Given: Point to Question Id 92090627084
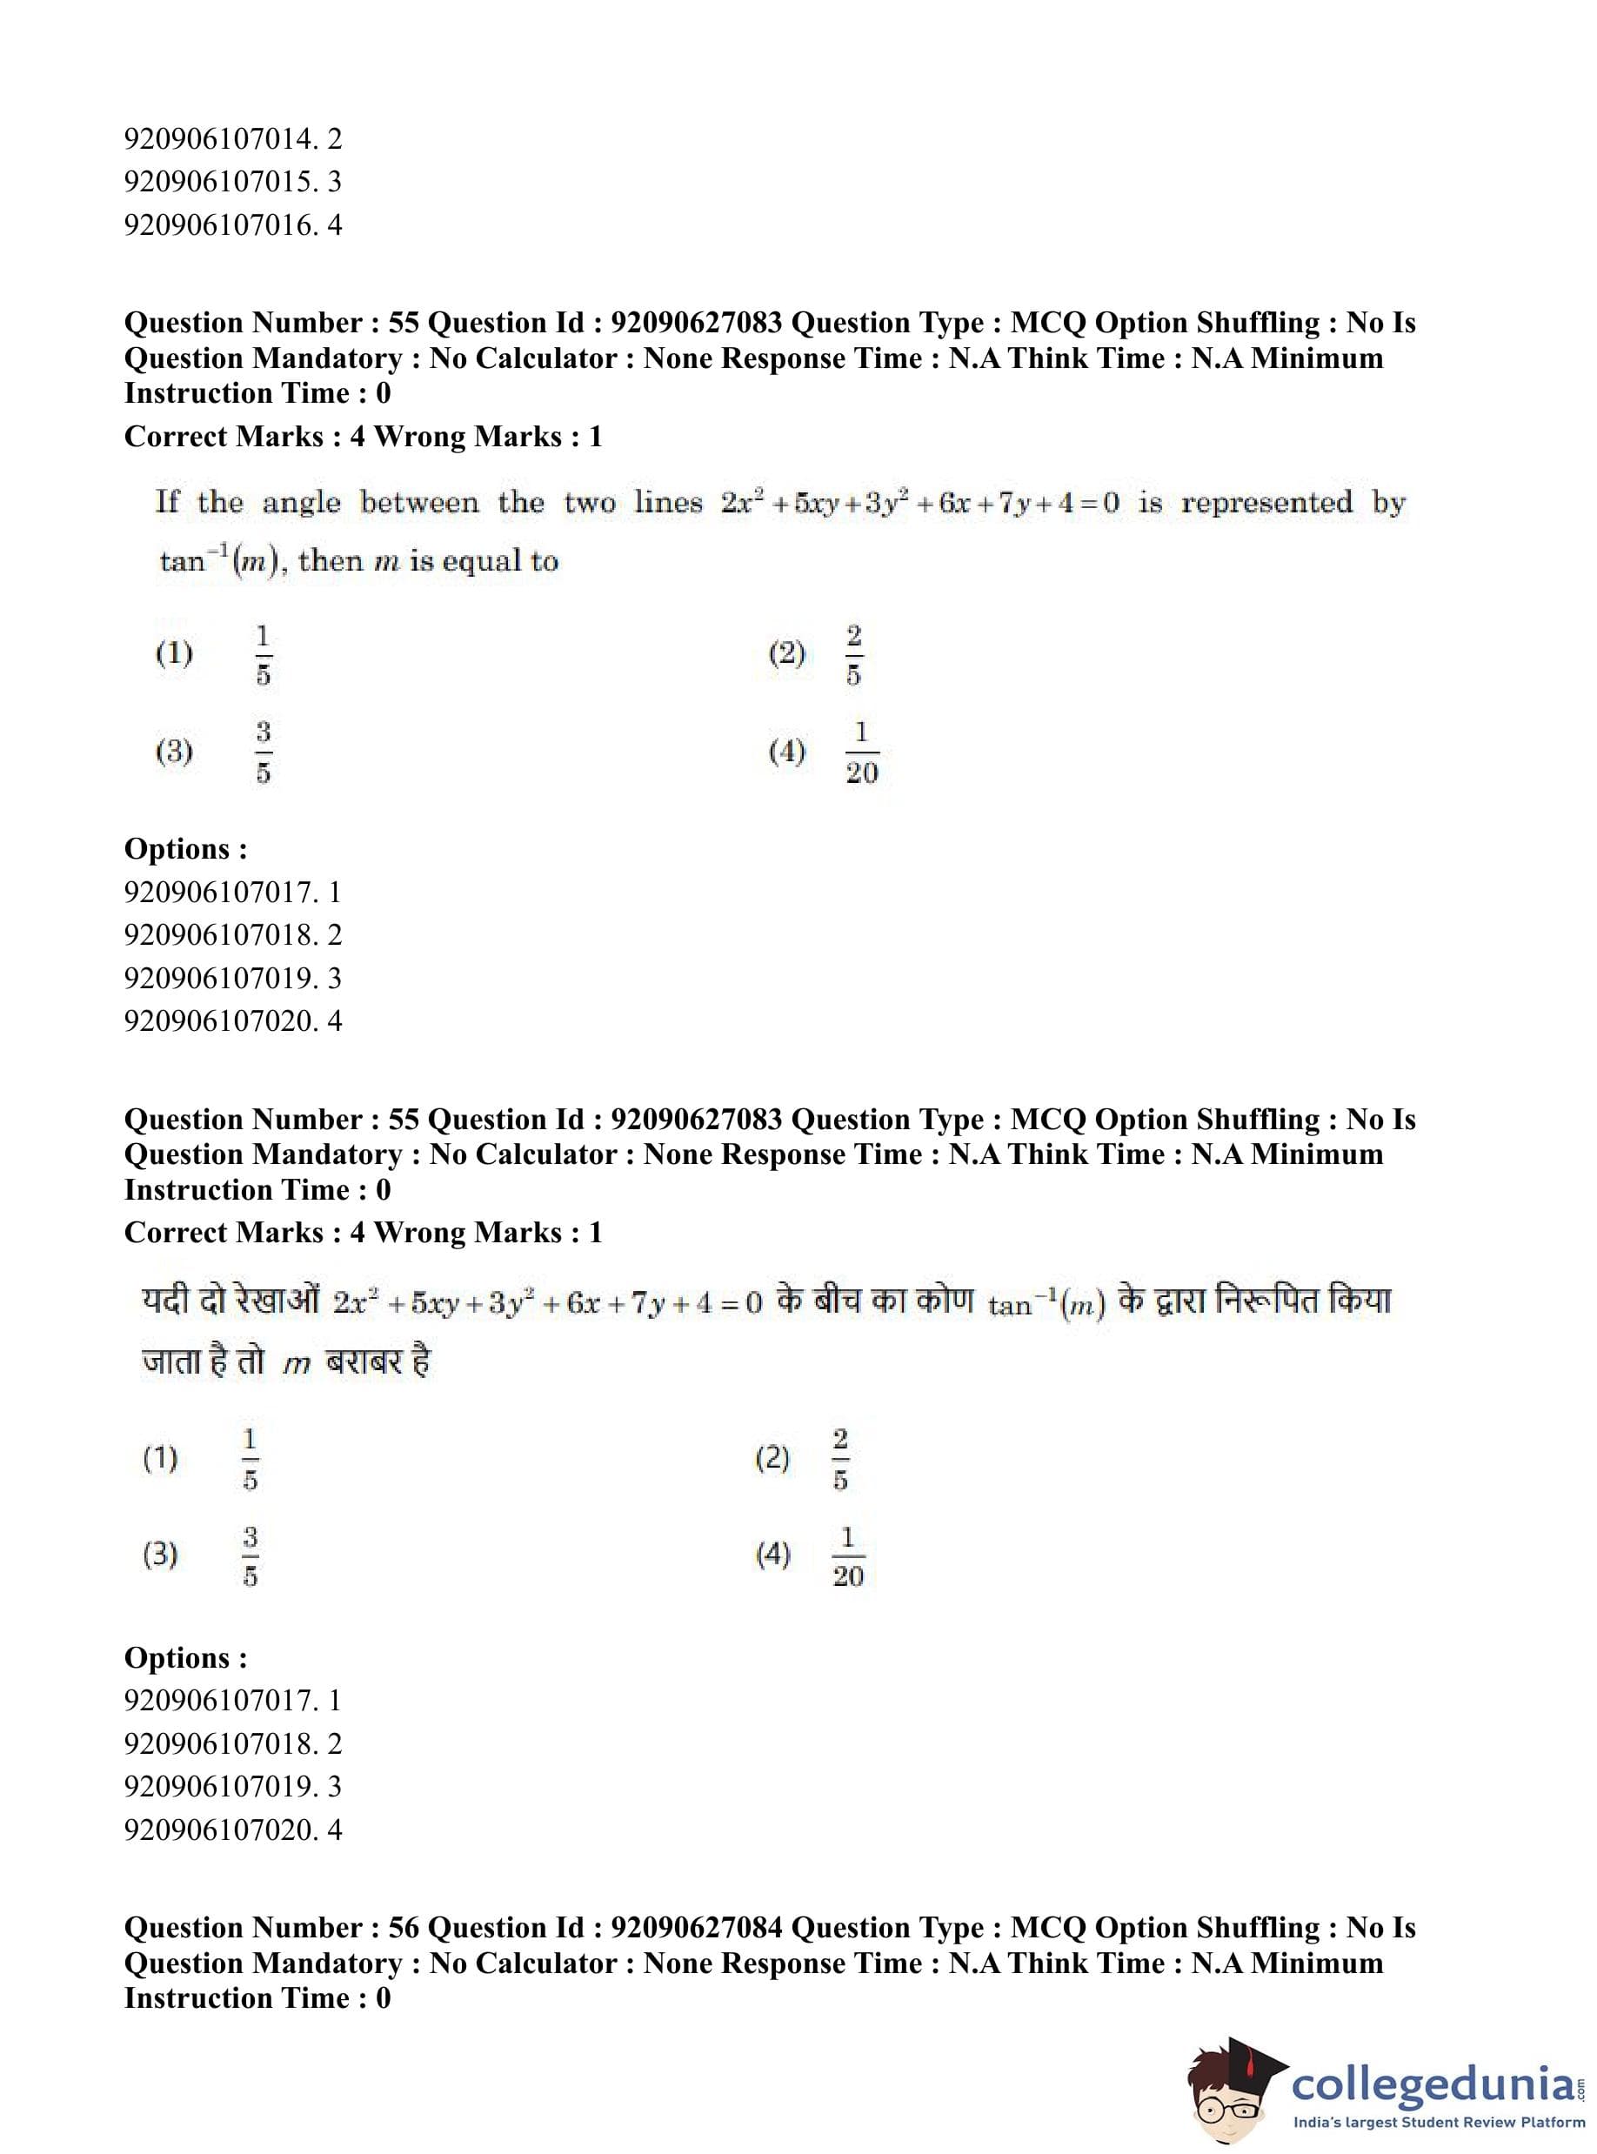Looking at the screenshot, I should [696, 1928].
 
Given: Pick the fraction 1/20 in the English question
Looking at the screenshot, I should [861, 753].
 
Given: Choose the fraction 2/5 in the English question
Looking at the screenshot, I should [853, 654].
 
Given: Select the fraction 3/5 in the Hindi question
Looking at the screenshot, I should [251, 1555].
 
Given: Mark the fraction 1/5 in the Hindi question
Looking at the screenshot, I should [251, 1459].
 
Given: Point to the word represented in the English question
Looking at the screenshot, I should [1266, 503].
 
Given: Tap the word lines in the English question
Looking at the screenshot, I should [668, 503].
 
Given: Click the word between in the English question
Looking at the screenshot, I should [418, 503].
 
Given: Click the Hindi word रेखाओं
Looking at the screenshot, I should [270, 1301].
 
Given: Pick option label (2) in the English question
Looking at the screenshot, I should [787, 654].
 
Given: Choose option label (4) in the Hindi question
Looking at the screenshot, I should [772, 1555].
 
